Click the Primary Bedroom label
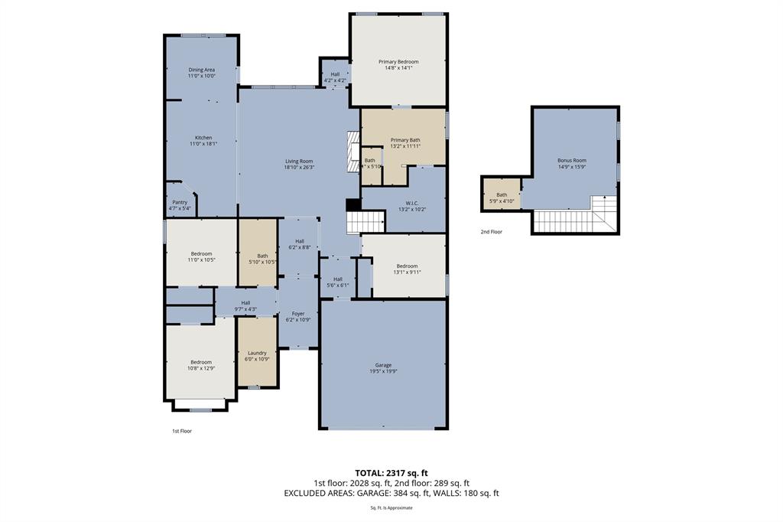(398, 61)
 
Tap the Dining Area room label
(202, 70)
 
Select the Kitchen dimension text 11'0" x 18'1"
(202, 144)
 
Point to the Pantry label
(179, 201)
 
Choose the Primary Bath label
(404, 140)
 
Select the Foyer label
(297, 313)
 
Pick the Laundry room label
(257, 353)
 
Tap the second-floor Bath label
(502, 194)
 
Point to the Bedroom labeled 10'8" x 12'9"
(201, 362)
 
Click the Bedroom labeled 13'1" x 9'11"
(407, 266)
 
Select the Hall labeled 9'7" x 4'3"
(245, 302)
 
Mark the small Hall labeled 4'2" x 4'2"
(335, 73)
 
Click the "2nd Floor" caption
(491, 231)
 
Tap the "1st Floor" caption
(181, 431)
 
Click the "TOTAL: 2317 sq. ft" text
(391, 472)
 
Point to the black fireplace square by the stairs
(353, 204)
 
